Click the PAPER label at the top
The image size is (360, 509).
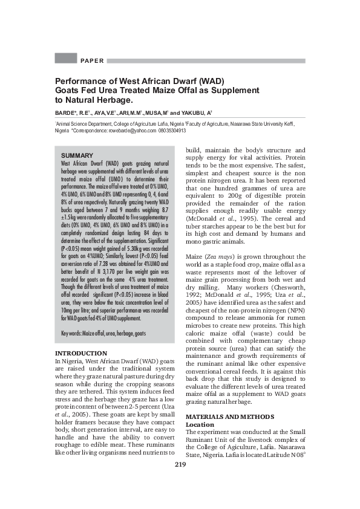click(x=92, y=60)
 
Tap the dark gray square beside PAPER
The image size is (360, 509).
click(x=65, y=59)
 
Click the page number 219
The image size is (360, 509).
click(x=180, y=481)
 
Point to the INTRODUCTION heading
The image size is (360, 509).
click(x=81, y=353)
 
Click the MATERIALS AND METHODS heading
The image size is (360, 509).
click(x=229, y=417)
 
